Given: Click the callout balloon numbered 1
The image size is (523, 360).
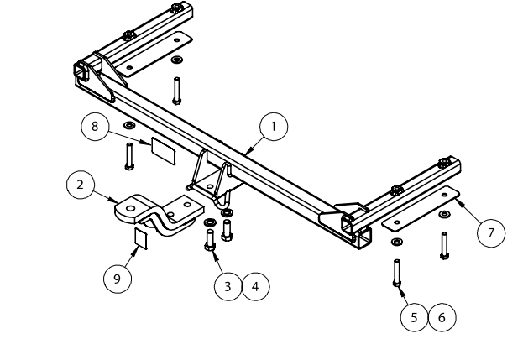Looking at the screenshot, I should [x=272, y=127].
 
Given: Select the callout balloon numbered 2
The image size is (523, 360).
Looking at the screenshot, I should [x=81, y=185].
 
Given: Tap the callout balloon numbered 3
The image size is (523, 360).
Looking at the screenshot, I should [x=228, y=286].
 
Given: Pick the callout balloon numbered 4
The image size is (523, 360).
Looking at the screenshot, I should [x=255, y=286].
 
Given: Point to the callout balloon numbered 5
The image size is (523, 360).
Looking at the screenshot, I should [x=414, y=316].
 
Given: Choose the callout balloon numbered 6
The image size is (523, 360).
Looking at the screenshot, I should [x=442, y=316].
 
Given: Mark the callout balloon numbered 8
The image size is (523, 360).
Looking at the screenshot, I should [x=96, y=127].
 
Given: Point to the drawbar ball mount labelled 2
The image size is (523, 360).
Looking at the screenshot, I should [x=160, y=216].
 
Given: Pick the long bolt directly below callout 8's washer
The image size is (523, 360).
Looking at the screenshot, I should [x=128, y=155].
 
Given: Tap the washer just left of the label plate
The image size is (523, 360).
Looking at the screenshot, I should [x=128, y=127].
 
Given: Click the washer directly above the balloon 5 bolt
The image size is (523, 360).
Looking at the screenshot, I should [x=396, y=243].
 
